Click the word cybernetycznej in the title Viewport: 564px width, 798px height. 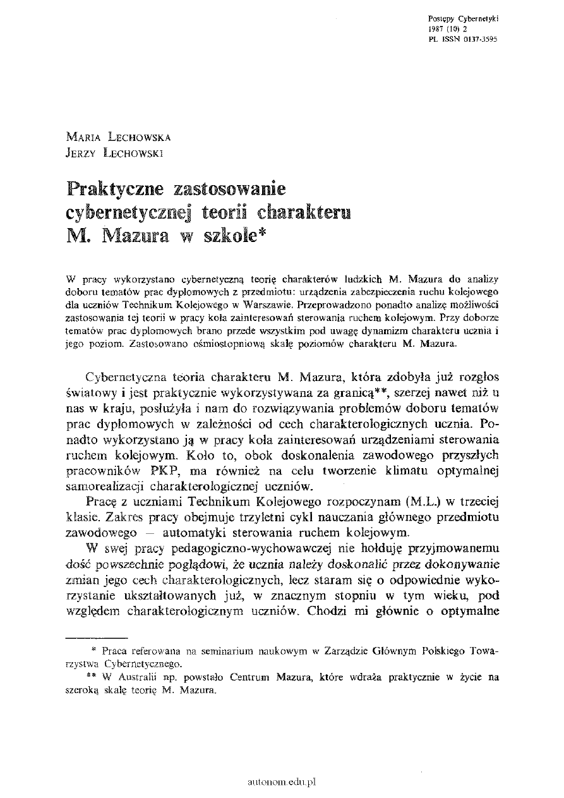(128, 212)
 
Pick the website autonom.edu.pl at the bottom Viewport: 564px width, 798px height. (282, 782)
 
